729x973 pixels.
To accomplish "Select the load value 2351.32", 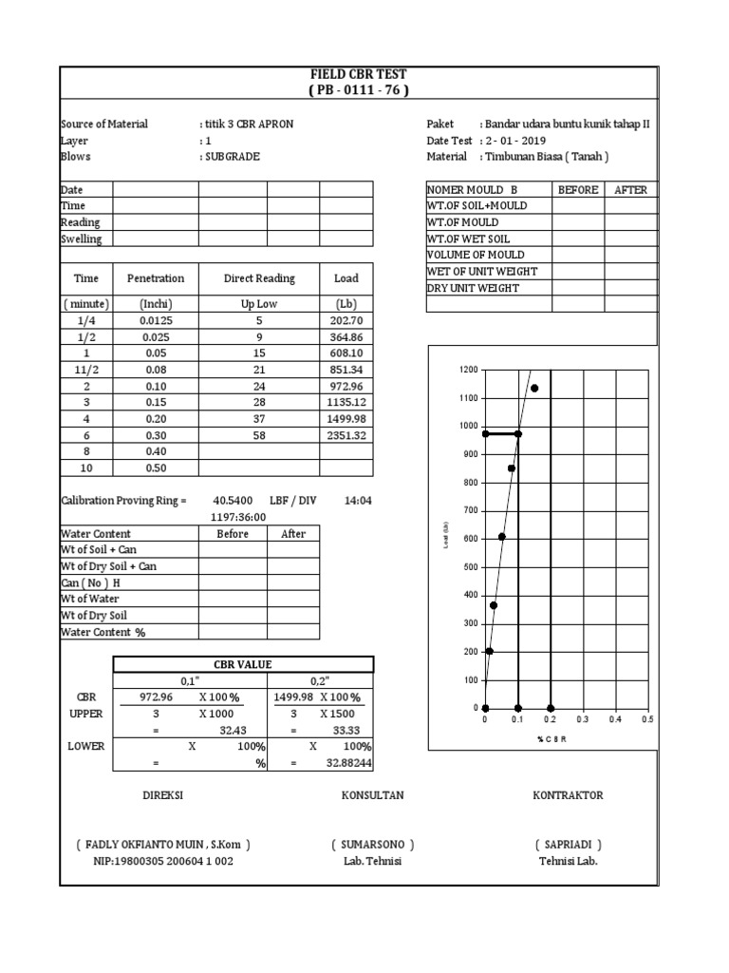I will [346, 435].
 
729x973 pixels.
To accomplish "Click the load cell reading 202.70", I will [346, 321].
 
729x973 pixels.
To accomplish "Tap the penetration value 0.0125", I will [156, 321].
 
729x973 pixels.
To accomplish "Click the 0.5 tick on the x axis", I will [647, 720].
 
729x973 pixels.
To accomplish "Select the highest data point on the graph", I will [534, 388].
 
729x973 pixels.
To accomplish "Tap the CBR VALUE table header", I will [245, 664].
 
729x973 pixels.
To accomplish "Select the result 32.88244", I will [346, 764].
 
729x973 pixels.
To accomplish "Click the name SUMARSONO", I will [373, 845].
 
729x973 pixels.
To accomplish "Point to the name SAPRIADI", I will [568, 845].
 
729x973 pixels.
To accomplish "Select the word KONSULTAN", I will [373, 795].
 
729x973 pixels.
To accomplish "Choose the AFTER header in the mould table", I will [630, 190].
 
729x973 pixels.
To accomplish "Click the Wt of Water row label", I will [94, 599].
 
